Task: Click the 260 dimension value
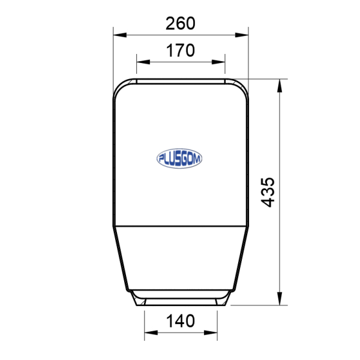pos(180,23)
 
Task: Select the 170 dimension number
pos(180,50)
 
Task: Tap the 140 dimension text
pos(180,321)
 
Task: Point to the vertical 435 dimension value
pos(268,192)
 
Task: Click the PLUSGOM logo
pos(179,158)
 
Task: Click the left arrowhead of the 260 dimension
pos(120,35)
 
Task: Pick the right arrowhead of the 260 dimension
pos(242,35)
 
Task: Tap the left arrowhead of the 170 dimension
pos(143,62)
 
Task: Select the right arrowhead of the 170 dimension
pos(218,62)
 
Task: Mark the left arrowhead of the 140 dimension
pos(151,332)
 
